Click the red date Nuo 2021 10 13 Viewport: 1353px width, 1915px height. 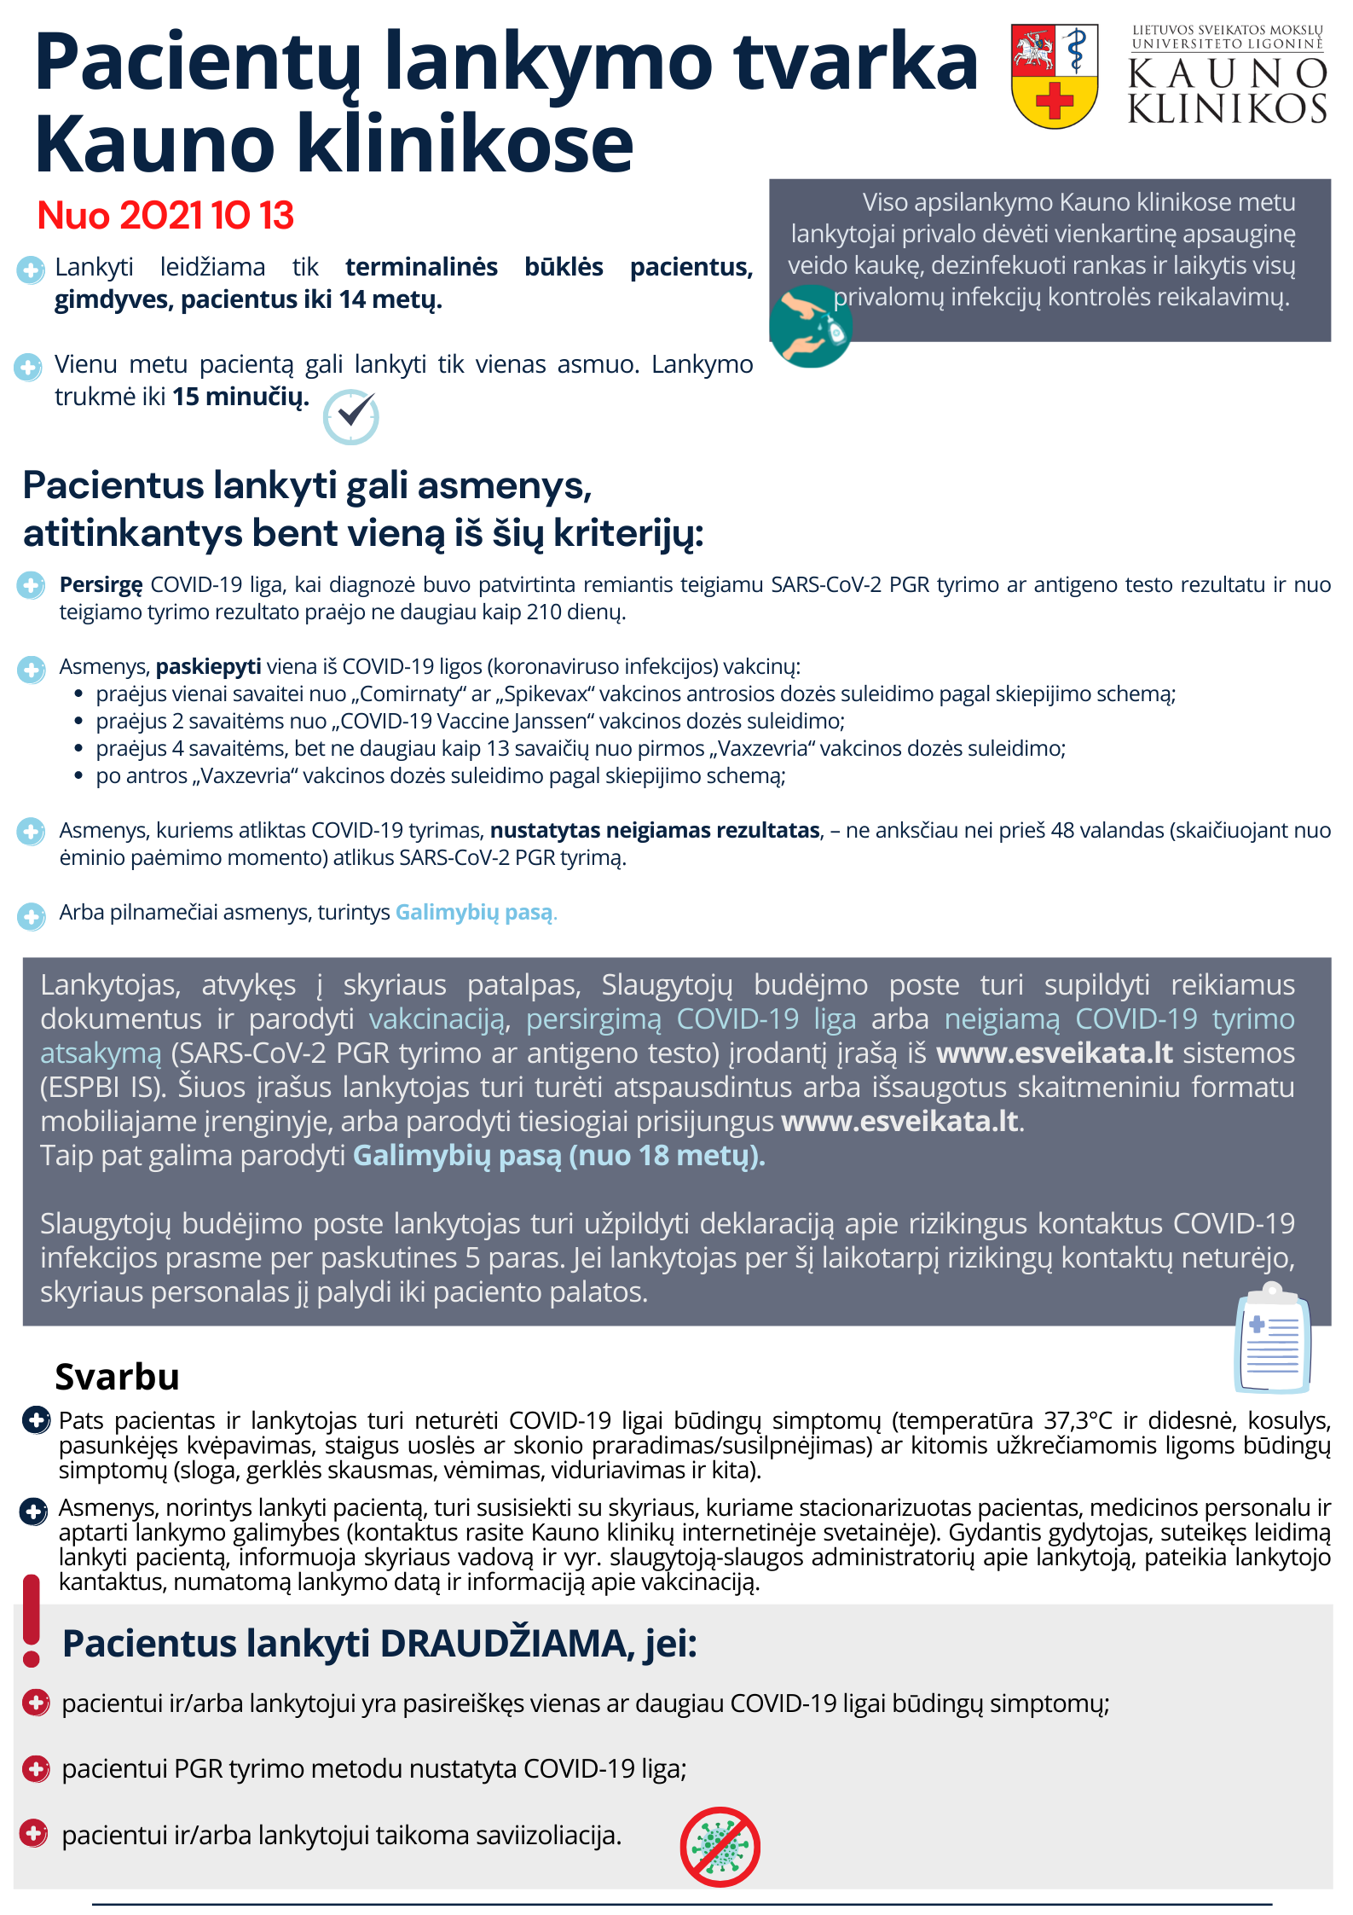[x=165, y=215]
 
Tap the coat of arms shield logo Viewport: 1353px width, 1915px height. [x=1054, y=76]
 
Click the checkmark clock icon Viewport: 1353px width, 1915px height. [x=351, y=416]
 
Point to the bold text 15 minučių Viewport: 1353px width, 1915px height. [x=240, y=397]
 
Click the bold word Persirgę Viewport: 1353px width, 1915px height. [x=101, y=584]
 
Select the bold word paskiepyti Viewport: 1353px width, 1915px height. [x=208, y=666]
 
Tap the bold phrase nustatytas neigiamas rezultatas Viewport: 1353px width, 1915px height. [x=655, y=830]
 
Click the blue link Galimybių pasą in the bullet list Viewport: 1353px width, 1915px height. [x=474, y=912]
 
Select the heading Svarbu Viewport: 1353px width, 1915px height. [x=117, y=1377]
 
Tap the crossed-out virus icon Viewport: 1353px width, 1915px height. [x=720, y=1847]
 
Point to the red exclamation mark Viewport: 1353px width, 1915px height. [x=32, y=1620]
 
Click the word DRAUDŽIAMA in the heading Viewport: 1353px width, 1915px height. [x=506, y=1643]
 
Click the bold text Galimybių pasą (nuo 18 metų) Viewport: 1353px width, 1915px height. [x=558, y=1155]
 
